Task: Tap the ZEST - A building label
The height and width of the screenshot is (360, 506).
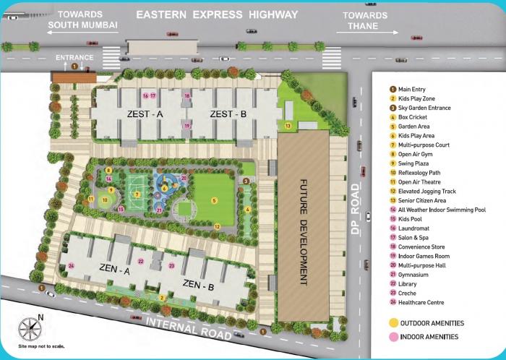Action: point(145,114)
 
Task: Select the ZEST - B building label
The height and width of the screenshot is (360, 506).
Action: point(228,114)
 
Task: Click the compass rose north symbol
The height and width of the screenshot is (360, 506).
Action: point(29,329)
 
